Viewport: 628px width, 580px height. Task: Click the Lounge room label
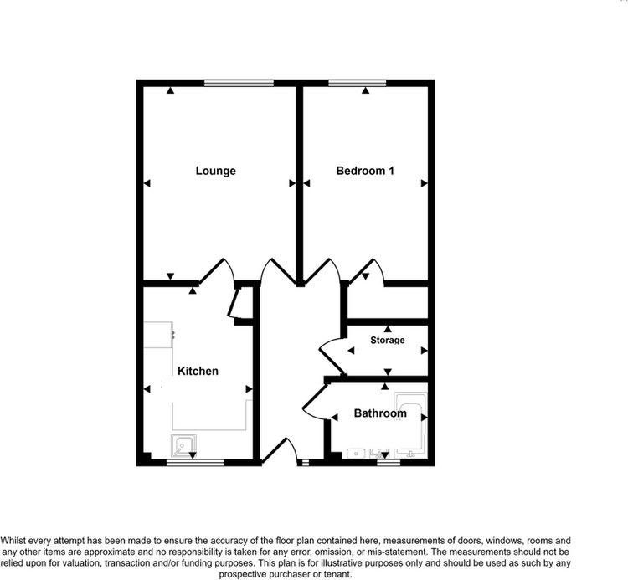coord(215,171)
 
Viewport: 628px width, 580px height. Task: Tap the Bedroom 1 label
coord(365,171)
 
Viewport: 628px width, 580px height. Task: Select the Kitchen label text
coord(198,371)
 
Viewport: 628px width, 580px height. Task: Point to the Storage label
coord(388,341)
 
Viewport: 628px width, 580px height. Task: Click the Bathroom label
coord(380,413)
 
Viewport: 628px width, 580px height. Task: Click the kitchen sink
coord(184,445)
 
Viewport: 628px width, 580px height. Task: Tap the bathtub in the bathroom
coord(410,425)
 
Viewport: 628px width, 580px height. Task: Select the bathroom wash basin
coord(356,454)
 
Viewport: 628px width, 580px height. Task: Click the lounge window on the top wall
coord(239,83)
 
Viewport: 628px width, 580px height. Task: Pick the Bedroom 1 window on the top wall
coord(358,83)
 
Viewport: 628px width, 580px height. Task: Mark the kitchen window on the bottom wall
coord(195,463)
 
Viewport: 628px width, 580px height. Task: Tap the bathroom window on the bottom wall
coord(389,463)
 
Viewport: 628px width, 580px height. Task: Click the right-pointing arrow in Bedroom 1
coord(425,183)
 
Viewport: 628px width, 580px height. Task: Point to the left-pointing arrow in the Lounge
coord(147,183)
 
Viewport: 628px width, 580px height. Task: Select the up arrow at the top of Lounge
coord(171,90)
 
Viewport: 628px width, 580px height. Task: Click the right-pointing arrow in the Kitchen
coord(249,389)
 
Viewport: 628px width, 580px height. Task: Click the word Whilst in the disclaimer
coord(13,541)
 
